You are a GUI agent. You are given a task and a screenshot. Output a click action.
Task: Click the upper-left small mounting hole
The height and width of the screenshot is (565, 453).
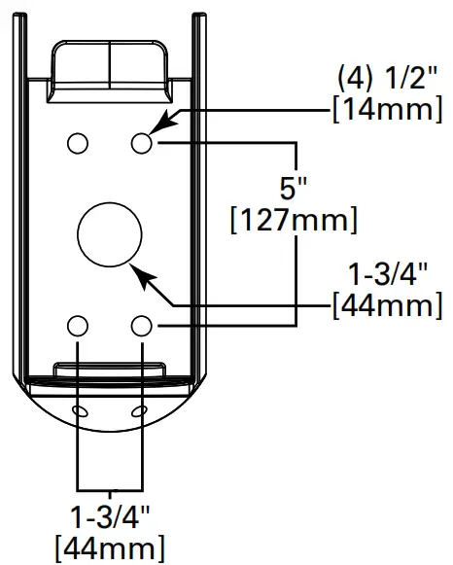pyautogui.click(x=77, y=144)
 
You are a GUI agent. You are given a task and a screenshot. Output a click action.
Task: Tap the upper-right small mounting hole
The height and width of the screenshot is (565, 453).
pyautogui.click(x=142, y=144)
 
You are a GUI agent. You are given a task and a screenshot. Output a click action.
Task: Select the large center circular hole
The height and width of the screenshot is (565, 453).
pyautogui.click(x=109, y=234)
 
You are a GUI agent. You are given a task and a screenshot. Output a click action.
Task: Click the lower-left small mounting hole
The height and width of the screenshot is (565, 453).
pyautogui.click(x=77, y=325)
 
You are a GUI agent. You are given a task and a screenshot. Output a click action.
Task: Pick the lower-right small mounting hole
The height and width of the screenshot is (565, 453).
pyautogui.click(x=142, y=325)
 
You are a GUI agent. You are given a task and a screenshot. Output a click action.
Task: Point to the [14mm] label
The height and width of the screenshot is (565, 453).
pyautogui.click(x=386, y=110)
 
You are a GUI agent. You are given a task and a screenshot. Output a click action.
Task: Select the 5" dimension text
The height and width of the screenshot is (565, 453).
pyautogui.click(x=293, y=185)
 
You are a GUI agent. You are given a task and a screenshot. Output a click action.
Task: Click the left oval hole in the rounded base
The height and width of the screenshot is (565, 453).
pyautogui.click(x=79, y=413)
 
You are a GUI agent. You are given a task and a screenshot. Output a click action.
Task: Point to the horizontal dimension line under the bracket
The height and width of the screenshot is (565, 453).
pyautogui.click(x=109, y=487)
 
